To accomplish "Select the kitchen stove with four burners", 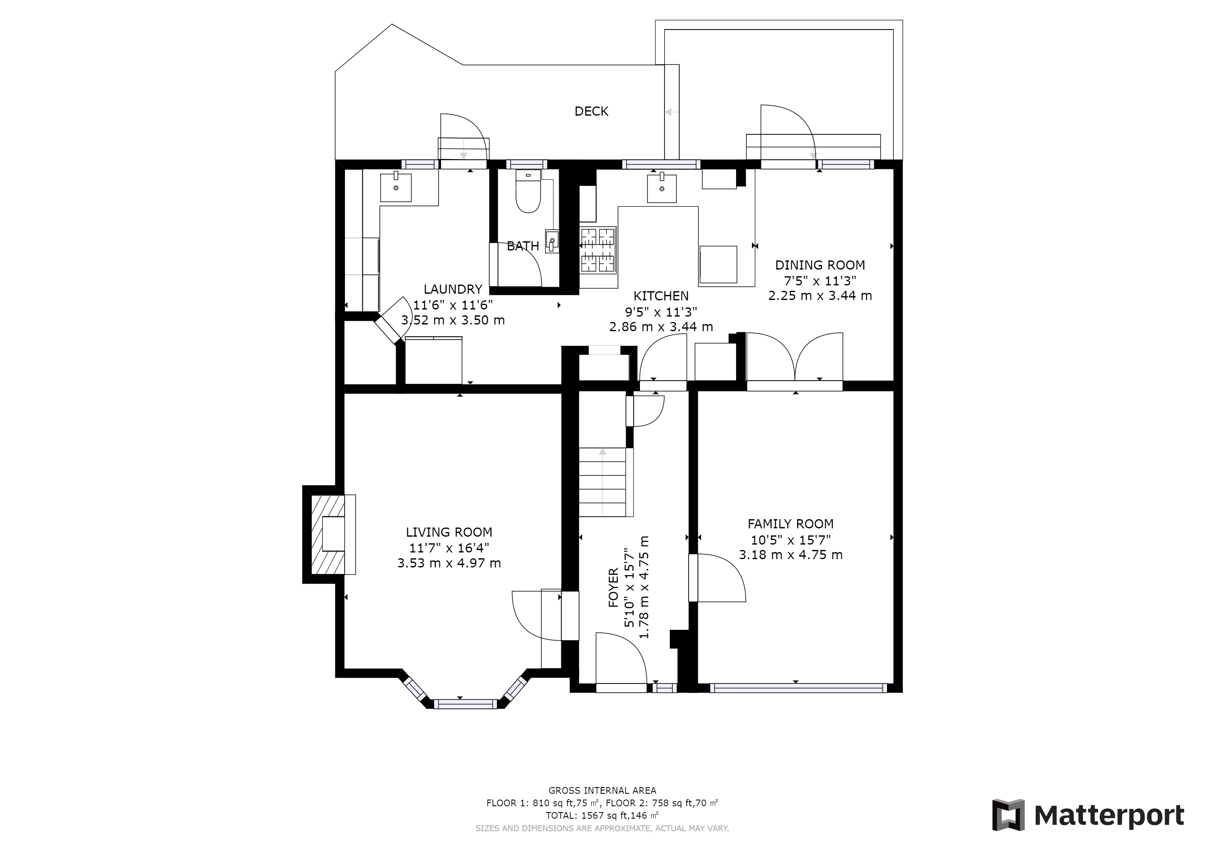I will pos(598,250).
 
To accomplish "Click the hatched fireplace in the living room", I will pos(329,535).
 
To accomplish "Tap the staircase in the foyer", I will pos(603,482).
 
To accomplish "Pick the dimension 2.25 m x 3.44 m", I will pos(820,296).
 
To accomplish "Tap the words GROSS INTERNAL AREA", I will pos(602,790).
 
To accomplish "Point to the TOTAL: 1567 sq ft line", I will pos(602,815).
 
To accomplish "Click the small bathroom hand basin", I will pos(552,241).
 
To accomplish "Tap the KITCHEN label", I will pos(661,296).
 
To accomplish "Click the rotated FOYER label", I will pos(613,587).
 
